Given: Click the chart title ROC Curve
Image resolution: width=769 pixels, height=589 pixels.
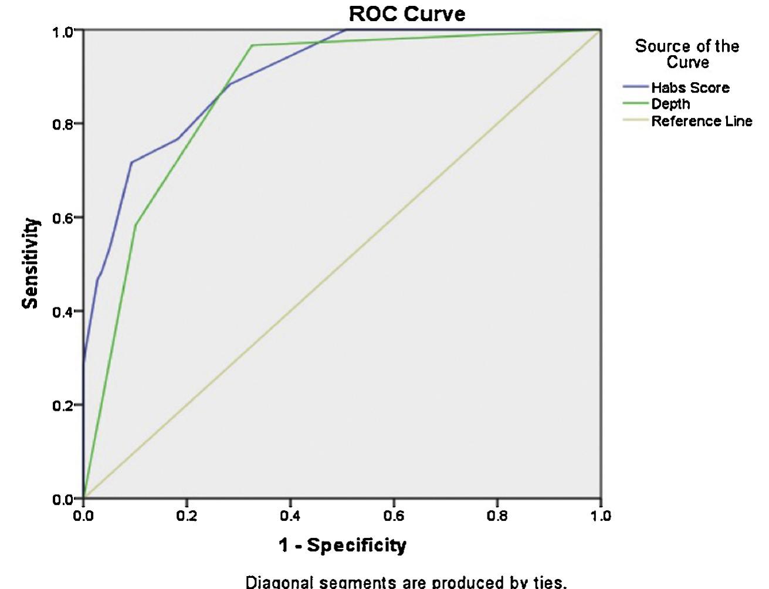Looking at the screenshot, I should pos(406,13).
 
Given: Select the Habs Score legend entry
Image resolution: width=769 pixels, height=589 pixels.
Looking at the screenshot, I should pos(690,88).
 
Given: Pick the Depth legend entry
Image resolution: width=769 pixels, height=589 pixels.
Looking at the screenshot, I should pos(670,104).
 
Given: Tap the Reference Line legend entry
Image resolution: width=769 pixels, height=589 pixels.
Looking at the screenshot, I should pos(701,121).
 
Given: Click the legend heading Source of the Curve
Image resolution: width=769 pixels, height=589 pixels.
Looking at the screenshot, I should pos(687,54).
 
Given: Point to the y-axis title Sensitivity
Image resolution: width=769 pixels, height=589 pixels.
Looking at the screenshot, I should pos(31,263).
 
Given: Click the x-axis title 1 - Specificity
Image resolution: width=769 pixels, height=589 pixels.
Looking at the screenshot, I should pos(342,545).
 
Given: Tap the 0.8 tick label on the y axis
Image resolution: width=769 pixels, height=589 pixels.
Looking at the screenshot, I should pos(64,124).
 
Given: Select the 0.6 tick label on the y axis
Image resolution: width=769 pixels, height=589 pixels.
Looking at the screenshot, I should pos(64,218).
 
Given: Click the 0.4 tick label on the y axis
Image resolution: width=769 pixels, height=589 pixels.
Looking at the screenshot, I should pos(64,312).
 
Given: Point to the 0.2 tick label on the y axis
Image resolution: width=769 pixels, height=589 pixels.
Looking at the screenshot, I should pos(64,405).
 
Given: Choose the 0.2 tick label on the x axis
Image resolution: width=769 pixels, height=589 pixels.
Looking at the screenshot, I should pos(187,516).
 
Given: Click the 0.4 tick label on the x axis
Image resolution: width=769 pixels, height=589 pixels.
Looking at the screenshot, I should pos(290,516).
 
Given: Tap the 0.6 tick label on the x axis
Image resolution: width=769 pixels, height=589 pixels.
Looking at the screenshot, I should pos(394,516).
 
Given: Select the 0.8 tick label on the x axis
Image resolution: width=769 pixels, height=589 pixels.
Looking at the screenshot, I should pos(497,516).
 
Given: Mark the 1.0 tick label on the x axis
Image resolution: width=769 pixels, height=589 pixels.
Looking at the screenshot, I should pos(600,516).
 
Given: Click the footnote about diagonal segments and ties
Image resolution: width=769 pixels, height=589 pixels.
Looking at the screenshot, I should pos(406,582).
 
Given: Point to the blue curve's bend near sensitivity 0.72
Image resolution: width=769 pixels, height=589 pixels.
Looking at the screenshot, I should pos(131,162).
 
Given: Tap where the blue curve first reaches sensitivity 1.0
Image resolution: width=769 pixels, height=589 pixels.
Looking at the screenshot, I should pos(347,29).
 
